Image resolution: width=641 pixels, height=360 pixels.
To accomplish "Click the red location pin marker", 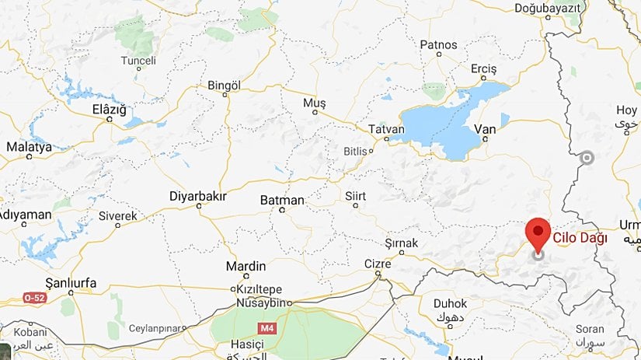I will (538, 233).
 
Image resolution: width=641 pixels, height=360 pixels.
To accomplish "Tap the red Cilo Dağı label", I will (580, 238).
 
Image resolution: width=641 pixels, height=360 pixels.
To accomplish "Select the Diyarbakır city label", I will (197, 196).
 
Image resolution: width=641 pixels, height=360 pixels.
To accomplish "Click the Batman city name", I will (282, 200).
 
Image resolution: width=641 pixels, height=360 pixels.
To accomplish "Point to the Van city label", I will (484, 128).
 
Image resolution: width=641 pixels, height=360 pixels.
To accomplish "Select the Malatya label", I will (29, 146).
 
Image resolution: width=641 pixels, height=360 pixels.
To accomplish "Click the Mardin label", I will (246, 266).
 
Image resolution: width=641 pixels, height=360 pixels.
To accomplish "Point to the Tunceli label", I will (138, 60).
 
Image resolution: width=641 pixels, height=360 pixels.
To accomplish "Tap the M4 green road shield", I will (267, 328).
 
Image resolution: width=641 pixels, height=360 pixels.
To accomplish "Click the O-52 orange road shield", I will (34, 298).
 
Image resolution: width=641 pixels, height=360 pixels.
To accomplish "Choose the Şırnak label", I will (401, 243).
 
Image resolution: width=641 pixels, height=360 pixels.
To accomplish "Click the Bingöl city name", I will (225, 85).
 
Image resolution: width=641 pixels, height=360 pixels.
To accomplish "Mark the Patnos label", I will (438, 44).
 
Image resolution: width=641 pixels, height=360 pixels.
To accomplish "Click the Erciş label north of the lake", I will (483, 69).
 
